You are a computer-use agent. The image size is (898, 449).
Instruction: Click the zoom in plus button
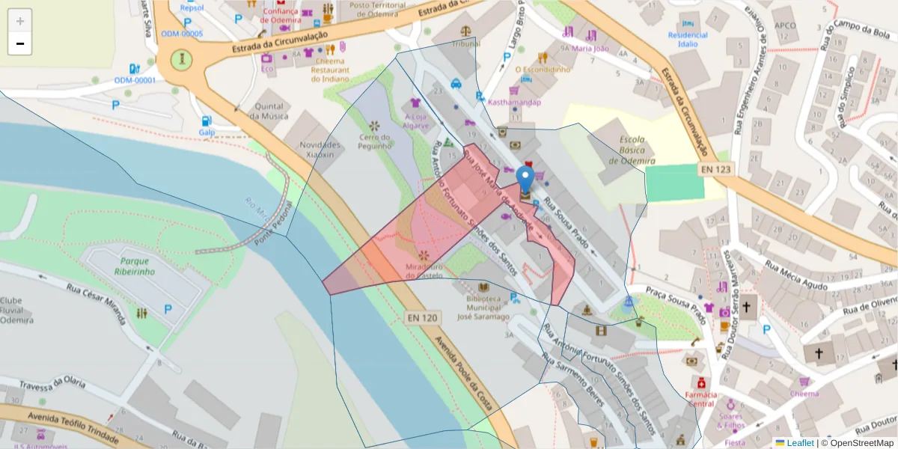(x=20, y=21)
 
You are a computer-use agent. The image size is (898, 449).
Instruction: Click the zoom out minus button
(x=20, y=44)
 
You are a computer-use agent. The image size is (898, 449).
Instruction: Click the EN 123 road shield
(x=716, y=170)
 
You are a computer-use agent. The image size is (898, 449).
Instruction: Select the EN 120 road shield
(x=423, y=317)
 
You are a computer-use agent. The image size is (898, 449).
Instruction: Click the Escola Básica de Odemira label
(x=632, y=150)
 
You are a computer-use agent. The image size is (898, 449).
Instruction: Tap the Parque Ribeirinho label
(x=135, y=266)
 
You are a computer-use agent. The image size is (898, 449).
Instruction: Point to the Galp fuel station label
(x=207, y=132)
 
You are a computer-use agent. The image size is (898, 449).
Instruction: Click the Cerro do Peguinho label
(x=375, y=141)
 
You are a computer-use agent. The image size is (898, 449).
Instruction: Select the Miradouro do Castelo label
(x=424, y=271)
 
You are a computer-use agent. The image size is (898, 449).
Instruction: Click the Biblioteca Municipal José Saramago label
(x=483, y=307)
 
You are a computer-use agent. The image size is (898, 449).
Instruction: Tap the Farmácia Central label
(x=700, y=399)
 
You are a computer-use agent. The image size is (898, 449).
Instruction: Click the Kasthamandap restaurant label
(x=514, y=101)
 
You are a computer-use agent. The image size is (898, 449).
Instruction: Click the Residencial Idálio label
(x=687, y=39)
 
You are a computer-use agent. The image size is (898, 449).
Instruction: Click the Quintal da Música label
(x=269, y=112)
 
